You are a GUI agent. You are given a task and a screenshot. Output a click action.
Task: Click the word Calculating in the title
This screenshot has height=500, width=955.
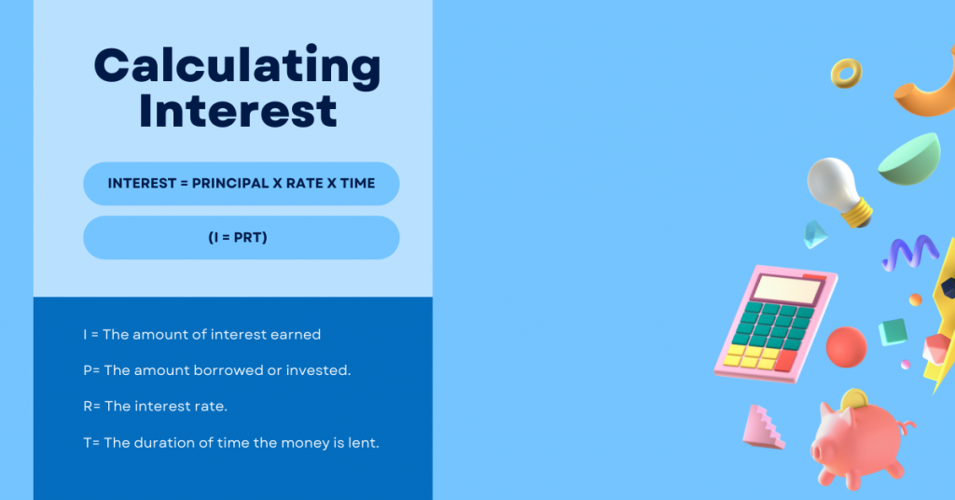click(x=238, y=67)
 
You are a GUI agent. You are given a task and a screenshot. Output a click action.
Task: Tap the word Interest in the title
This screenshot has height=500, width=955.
click(x=238, y=110)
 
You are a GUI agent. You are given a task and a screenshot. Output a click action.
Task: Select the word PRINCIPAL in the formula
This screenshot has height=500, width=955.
click(x=230, y=184)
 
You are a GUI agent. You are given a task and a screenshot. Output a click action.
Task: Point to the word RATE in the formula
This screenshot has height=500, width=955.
click(x=305, y=184)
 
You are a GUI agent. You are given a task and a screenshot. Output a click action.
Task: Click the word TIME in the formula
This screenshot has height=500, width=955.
click(x=357, y=184)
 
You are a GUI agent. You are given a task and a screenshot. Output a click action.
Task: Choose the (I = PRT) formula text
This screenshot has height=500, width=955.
click(x=238, y=238)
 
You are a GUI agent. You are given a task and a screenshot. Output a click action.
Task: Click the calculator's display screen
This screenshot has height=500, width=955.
click(x=787, y=290)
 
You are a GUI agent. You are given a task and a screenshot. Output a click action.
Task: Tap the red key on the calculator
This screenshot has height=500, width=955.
click(x=785, y=360)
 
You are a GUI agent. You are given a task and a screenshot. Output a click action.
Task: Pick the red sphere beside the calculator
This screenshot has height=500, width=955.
click(x=846, y=347)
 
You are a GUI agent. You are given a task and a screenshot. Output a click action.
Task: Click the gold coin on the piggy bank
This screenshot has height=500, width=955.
click(x=855, y=399)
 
